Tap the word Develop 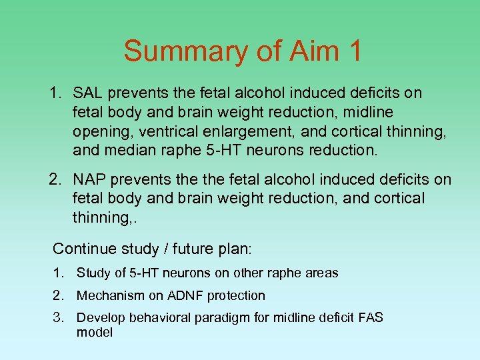(x=99, y=317)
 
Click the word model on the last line (x=94, y=332)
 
